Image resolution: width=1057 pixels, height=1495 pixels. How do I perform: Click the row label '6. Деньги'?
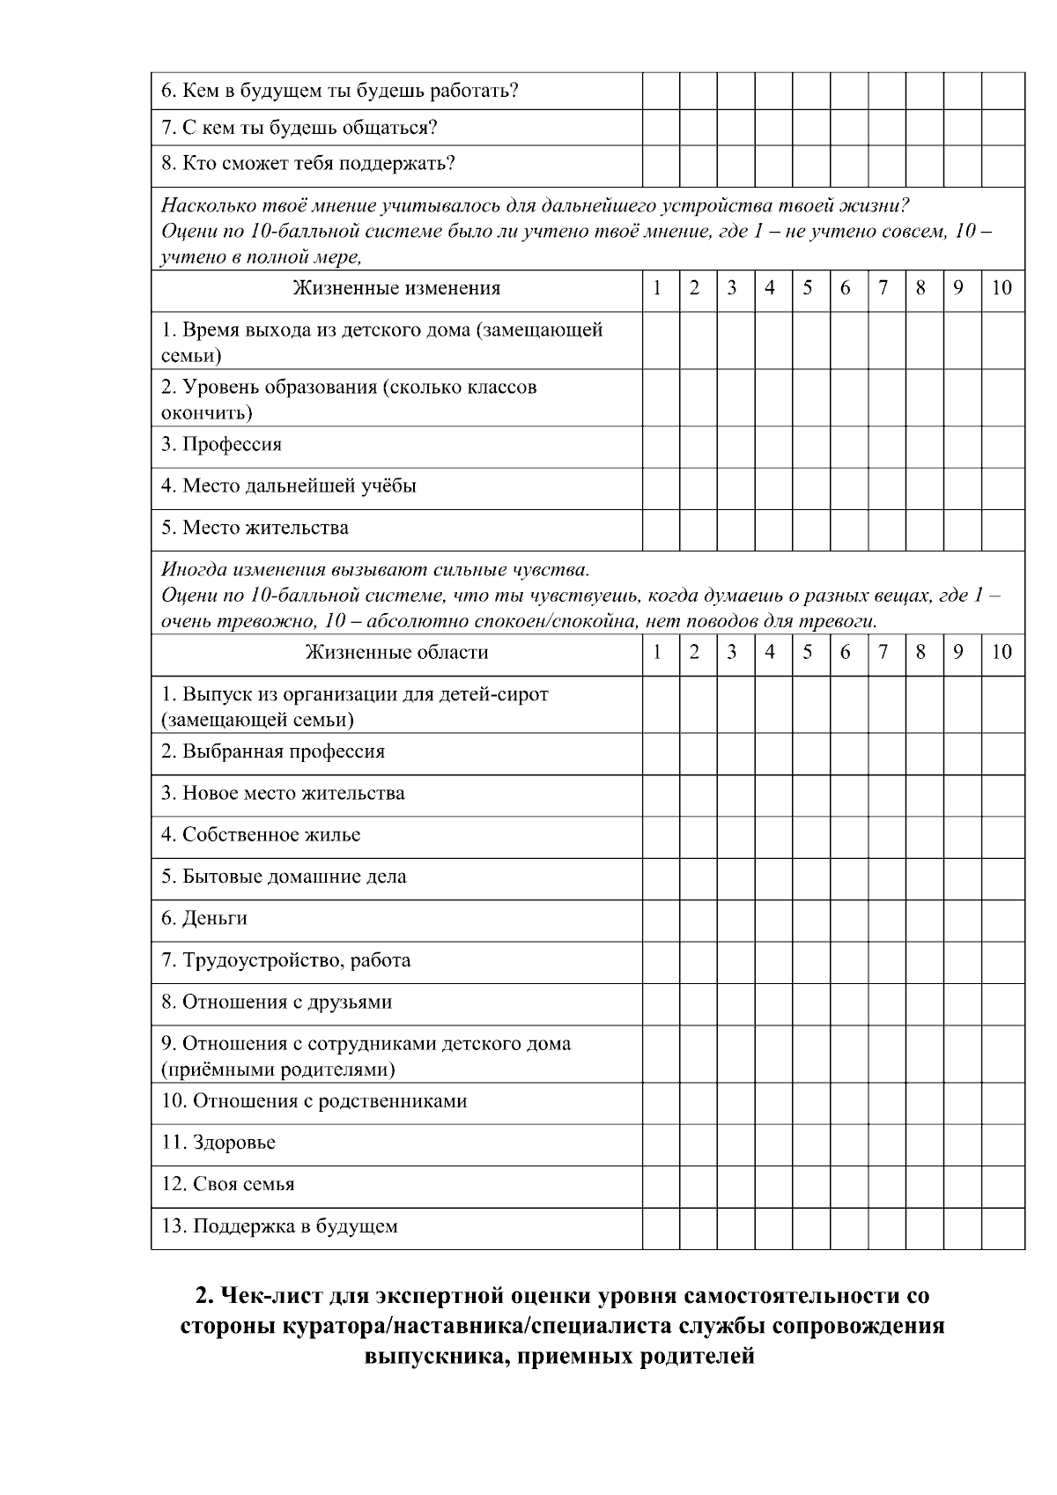click(204, 919)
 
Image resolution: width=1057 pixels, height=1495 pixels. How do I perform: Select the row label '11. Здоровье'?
click(218, 1143)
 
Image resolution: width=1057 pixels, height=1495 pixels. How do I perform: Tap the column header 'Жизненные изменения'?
click(396, 288)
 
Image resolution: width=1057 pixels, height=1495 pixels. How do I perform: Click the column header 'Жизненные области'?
click(396, 653)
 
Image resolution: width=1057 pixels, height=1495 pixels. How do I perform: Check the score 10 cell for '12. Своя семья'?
click(1002, 1184)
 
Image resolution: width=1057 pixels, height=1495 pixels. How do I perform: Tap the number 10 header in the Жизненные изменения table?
click(1002, 288)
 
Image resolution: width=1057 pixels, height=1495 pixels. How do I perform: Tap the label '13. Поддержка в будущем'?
click(279, 1226)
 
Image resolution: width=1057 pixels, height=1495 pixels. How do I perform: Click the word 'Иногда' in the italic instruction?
click(188, 569)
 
